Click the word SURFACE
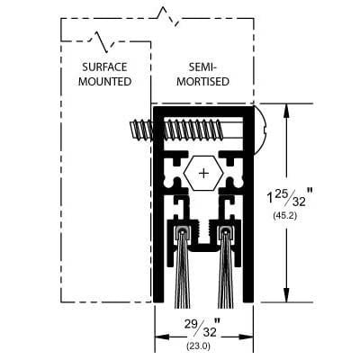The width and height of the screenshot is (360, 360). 104,67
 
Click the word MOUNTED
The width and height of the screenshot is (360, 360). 105,82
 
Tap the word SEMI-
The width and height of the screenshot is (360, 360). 202,67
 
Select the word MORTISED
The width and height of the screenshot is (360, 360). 202,82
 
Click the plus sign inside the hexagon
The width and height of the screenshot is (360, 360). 203,173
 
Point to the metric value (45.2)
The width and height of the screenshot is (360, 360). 285,215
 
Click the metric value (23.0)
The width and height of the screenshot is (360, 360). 199,346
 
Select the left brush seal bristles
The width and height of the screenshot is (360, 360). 183,270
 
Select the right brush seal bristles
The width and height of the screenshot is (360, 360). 225,270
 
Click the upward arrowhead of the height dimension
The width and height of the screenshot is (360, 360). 287,111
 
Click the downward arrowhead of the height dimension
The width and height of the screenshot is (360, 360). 287,295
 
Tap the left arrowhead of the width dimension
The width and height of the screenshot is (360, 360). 162,337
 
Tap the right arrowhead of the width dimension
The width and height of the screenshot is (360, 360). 247,337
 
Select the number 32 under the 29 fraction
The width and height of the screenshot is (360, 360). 209,332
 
